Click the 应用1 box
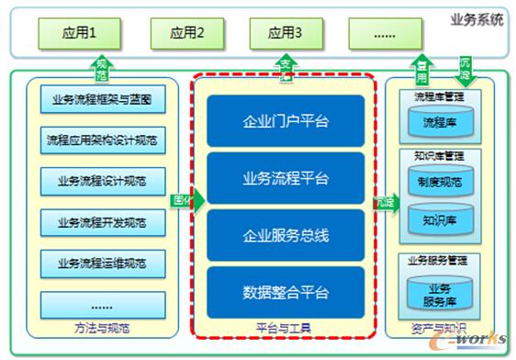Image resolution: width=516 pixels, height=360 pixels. click(x=79, y=36)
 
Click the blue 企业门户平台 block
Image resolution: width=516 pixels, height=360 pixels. click(x=286, y=121)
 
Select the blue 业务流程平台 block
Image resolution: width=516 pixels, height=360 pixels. click(x=286, y=178)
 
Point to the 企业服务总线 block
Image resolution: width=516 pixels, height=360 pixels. click(x=286, y=235)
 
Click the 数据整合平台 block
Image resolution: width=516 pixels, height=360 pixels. click(x=286, y=293)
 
